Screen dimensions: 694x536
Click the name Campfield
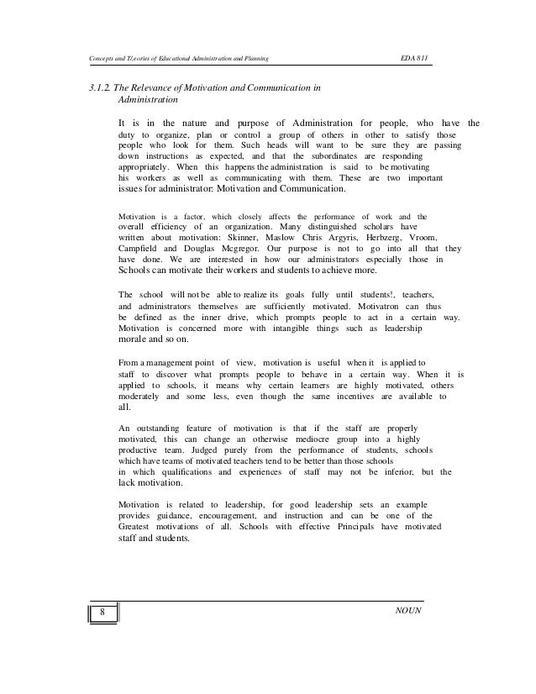coord(140,250)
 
